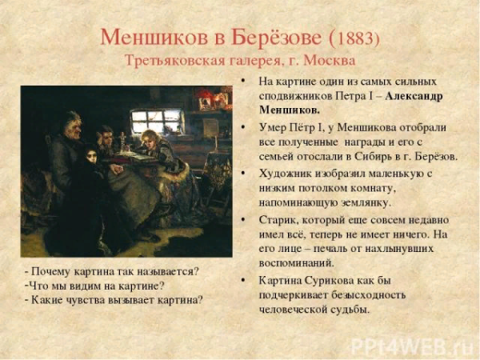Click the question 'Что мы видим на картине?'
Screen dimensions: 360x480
95,286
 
